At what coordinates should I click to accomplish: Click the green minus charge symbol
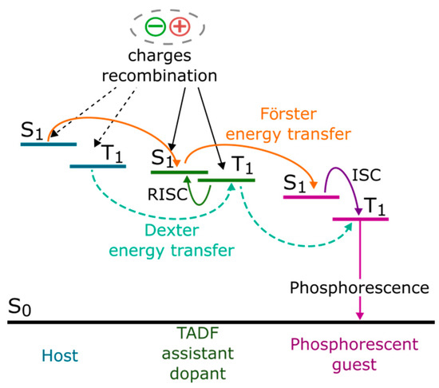tap(156, 27)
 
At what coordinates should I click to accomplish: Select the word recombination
tap(170, 77)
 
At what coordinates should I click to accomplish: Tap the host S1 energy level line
tap(49, 145)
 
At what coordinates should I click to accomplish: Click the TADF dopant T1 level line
tap(227, 180)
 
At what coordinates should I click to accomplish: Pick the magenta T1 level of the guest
tap(360, 217)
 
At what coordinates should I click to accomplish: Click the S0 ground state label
tap(21, 308)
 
